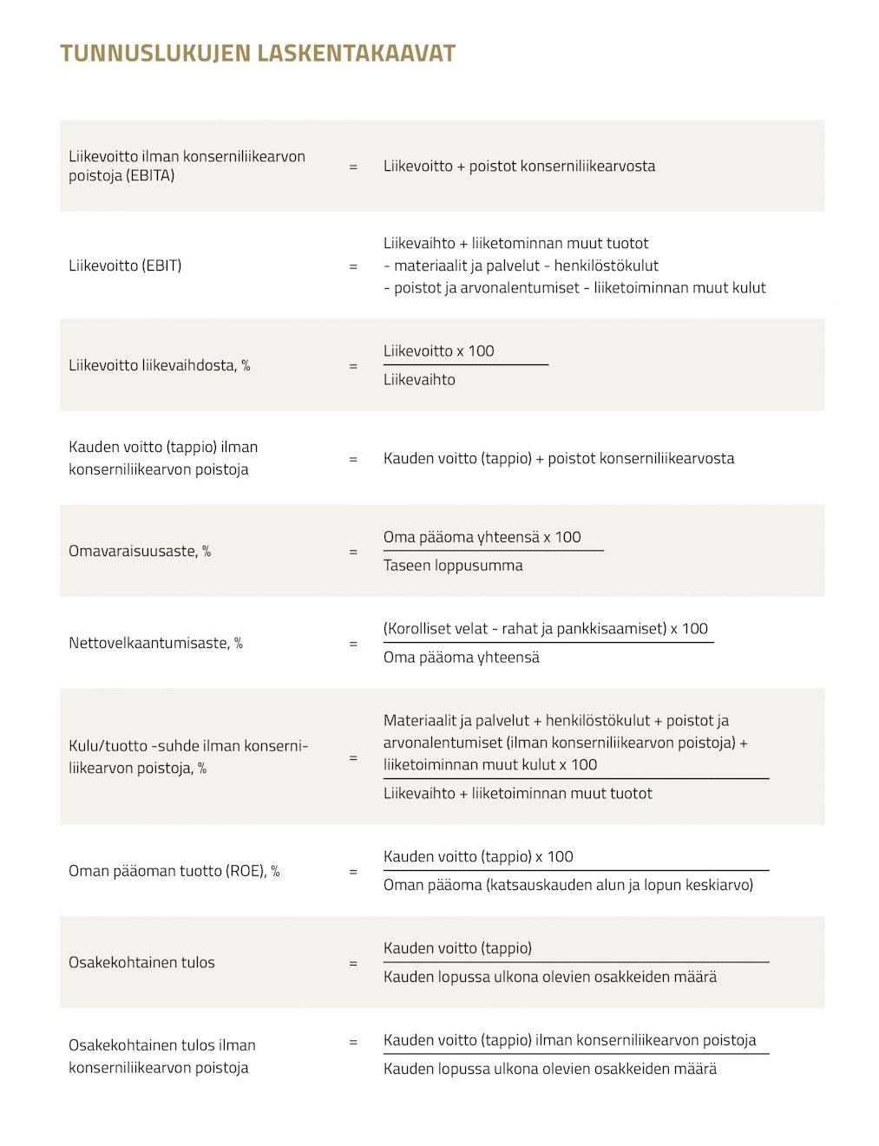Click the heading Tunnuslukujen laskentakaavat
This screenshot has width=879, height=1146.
[258, 54]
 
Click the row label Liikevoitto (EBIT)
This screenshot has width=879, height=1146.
[125, 265]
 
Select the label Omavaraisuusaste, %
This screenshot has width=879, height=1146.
[140, 551]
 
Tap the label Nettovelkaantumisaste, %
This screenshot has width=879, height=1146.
[155, 643]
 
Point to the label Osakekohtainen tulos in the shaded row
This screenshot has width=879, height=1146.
[141, 962]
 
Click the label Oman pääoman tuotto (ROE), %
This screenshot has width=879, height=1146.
[174, 871]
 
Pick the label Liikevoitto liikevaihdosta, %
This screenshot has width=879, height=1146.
[159, 365]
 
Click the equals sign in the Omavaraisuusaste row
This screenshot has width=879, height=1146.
[353, 552]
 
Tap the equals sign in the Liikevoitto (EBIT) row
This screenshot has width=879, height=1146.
[353, 266]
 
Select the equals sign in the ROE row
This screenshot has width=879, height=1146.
[353, 872]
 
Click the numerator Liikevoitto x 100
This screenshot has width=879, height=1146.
[438, 350]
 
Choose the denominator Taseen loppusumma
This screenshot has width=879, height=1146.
[453, 566]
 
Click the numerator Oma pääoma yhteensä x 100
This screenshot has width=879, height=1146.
[482, 537]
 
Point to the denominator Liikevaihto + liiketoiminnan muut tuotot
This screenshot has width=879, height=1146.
[517, 793]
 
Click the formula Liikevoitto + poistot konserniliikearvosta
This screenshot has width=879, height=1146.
[519, 166]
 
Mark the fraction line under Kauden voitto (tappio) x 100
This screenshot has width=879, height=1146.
[576, 870]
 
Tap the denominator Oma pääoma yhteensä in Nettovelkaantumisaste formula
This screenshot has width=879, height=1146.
[461, 658]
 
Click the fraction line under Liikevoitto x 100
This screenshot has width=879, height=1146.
[466, 364]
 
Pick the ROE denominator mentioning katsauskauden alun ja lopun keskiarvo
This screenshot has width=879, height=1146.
[567, 885]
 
